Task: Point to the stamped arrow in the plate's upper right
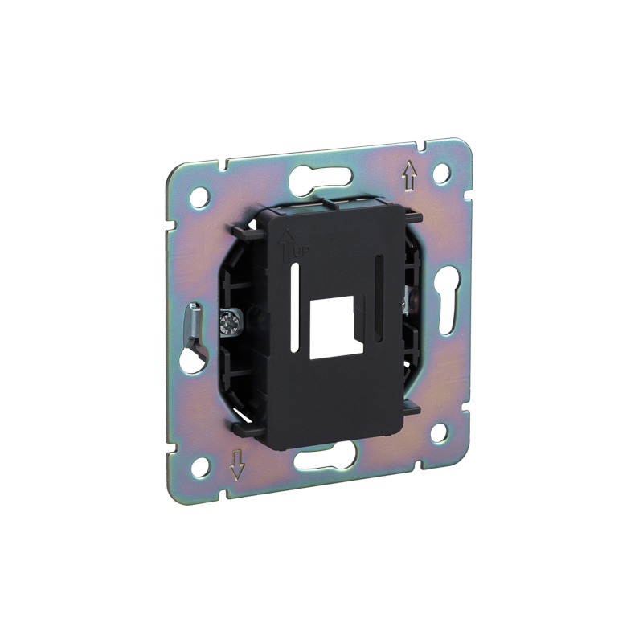point(409,175)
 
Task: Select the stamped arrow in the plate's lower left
point(237,465)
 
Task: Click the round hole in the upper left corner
point(199,198)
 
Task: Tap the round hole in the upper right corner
point(441,174)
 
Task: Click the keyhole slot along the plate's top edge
point(321,178)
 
